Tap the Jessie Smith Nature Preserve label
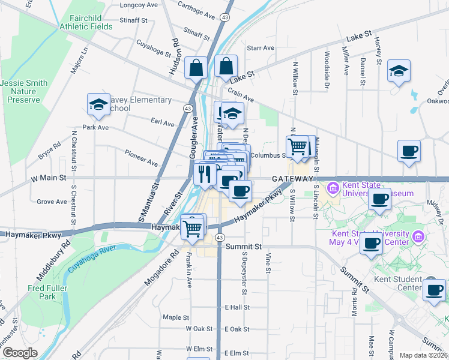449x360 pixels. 24,91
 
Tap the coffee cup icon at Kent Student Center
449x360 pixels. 434,290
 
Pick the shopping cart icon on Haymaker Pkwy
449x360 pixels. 192,227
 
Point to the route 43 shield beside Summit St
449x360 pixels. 220,238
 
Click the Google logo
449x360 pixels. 20,353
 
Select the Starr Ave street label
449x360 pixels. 260,48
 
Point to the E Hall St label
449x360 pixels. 237,307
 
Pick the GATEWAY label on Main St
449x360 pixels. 292,179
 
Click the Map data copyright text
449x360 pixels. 423,355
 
